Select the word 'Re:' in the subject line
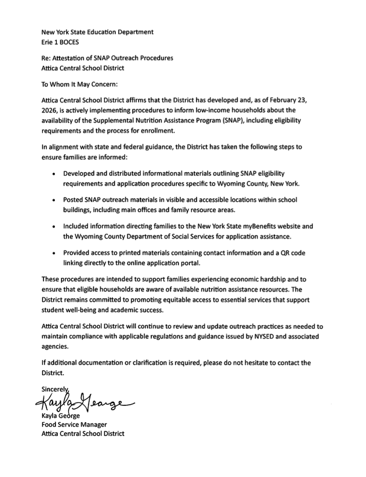point(47,58)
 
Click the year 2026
point(51,111)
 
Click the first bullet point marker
point(55,173)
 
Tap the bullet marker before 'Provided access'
point(55,253)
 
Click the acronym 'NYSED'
point(249,337)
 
